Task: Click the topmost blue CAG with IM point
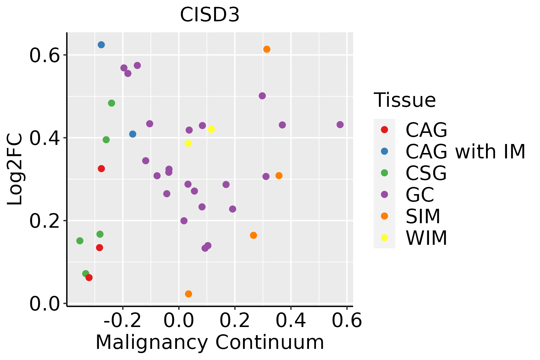101,45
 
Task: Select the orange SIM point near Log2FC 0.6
267,49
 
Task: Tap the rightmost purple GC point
340,124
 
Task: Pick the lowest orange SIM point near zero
188,294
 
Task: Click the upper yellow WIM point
211,129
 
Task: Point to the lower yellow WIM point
188,143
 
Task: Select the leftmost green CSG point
80,241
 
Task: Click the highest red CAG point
101,169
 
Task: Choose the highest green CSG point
112,103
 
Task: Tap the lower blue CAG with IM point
133,134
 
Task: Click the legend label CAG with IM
465,151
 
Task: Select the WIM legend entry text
426,238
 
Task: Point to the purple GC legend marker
384,194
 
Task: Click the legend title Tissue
405,100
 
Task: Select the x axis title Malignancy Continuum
210,342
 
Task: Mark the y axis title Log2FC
15,169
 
